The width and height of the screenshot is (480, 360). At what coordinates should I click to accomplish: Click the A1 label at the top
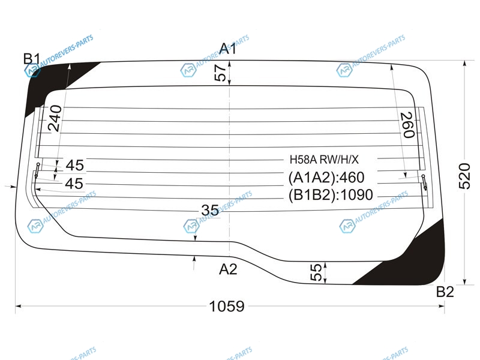coord(228,49)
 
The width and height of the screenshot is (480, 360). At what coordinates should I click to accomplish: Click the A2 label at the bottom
coord(228,269)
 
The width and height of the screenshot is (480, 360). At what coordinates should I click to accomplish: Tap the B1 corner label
coord(32,59)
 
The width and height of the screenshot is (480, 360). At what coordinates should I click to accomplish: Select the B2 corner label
coord(445,292)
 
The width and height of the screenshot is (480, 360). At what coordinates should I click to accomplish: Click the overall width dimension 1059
coord(227,306)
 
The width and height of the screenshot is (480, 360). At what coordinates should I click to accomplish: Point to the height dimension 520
coord(464,176)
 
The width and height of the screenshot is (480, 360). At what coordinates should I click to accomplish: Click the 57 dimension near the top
coord(220,73)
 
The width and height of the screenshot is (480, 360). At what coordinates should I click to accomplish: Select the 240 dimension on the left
coord(55,118)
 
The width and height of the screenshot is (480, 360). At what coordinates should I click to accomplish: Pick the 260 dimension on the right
coord(408,125)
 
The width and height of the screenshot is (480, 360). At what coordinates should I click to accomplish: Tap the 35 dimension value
coord(210,211)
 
